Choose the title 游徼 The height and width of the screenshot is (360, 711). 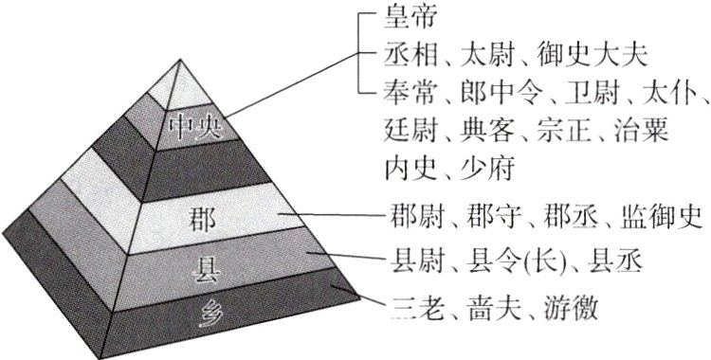point(572,306)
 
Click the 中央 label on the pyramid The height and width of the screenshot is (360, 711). point(194,126)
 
